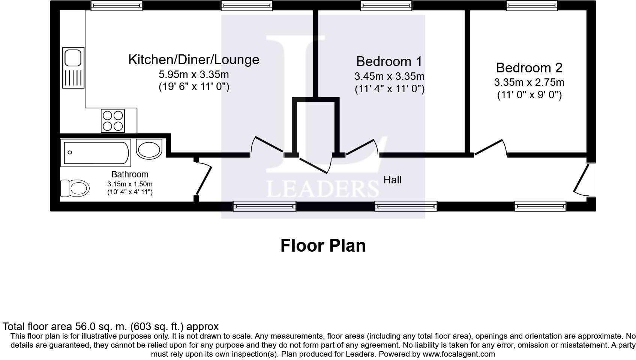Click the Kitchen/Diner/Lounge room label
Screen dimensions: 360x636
(x=193, y=60)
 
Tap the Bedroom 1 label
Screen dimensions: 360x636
(x=389, y=61)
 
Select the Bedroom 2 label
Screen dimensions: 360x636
(x=529, y=68)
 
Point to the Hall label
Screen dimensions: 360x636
(x=392, y=180)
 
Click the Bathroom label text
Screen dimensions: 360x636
(x=130, y=174)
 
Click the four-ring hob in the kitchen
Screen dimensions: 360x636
(x=113, y=120)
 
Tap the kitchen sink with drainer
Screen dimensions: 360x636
(x=73, y=67)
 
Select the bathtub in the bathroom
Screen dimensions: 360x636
(x=96, y=153)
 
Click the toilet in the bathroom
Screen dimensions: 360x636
(x=75, y=188)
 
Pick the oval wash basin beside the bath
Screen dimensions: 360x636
(x=149, y=149)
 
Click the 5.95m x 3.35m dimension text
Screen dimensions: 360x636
(x=193, y=74)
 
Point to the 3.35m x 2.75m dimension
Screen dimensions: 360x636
(x=529, y=82)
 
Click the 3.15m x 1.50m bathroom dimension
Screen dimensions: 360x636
(x=130, y=184)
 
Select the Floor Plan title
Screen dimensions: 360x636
(x=323, y=246)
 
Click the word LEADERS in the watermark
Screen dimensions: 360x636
(x=322, y=189)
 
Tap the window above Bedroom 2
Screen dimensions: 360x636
(x=532, y=5)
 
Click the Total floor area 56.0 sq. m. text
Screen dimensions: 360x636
(x=110, y=326)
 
